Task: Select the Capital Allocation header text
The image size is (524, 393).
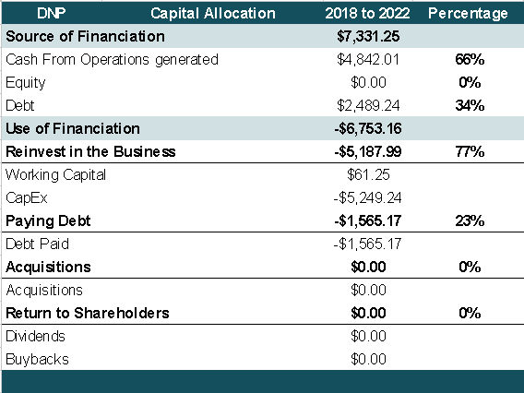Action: point(213,14)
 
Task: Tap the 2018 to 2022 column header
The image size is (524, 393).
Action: point(369,14)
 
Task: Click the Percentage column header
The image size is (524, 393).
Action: point(468,14)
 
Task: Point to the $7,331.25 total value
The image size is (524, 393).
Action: point(369,37)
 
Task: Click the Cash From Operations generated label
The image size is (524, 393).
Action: point(112,60)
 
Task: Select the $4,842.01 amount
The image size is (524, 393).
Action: point(369,60)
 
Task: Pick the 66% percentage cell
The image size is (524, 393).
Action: point(469,60)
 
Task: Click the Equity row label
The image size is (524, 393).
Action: point(26,83)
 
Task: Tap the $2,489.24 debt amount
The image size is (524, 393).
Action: point(369,106)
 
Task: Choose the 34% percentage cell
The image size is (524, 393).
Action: point(469,106)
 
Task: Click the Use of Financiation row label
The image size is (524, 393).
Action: point(73,128)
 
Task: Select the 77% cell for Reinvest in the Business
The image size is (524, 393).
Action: point(469,151)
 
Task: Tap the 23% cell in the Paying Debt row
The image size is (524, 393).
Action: point(469,220)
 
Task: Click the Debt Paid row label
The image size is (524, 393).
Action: point(37,244)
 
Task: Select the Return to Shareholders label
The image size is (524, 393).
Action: point(88,313)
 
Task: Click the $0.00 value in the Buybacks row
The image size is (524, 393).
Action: point(369,359)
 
